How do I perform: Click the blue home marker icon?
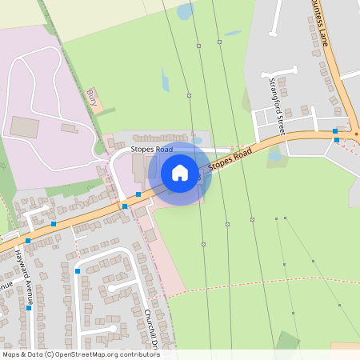(x=180, y=172)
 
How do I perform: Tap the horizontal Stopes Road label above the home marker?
(x=152, y=150)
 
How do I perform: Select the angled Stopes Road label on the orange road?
(x=230, y=160)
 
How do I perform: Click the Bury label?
(x=91, y=98)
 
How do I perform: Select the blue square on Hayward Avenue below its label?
(x=28, y=309)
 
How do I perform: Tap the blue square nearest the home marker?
(x=138, y=194)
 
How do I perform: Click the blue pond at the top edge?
(x=186, y=11)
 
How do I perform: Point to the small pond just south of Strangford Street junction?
(x=275, y=156)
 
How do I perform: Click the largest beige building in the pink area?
(x=23, y=126)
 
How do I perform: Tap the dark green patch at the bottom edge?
(x=287, y=342)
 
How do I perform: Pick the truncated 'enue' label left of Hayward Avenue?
(x=6, y=286)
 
